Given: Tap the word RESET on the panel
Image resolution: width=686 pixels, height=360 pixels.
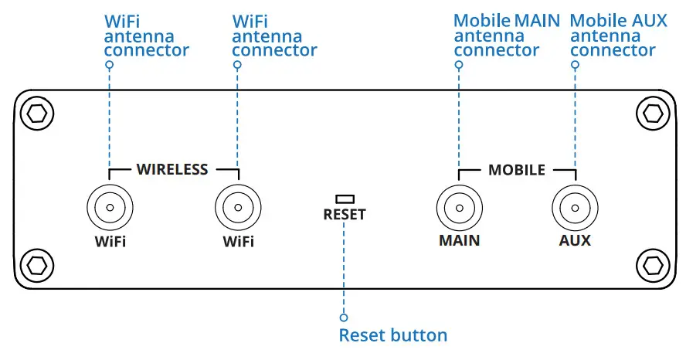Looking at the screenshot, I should tap(345, 215).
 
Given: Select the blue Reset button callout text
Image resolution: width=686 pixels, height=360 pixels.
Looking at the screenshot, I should tap(393, 335).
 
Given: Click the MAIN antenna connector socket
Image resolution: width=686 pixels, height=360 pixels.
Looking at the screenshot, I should tap(459, 208).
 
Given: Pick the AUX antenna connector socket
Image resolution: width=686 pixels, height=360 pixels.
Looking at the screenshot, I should tap(574, 208).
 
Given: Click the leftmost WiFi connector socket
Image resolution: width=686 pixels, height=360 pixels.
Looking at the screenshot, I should tap(110, 208).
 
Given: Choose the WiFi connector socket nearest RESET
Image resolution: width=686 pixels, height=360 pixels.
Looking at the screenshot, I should tap(237, 208).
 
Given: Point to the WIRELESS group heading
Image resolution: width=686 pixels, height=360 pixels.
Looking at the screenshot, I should tap(172, 169).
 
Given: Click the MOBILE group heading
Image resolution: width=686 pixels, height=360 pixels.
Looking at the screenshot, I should tap(516, 169).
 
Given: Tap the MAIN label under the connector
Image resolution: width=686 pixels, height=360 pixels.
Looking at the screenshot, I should tap(459, 240).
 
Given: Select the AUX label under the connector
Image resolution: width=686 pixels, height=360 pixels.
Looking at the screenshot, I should tap(574, 240).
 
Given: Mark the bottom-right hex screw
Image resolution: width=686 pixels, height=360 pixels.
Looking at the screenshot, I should tap(652, 265).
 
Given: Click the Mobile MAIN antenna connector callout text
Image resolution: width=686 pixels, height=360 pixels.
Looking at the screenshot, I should tap(506, 36).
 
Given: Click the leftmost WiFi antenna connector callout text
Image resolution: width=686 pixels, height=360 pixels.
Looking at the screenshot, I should tap(146, 36).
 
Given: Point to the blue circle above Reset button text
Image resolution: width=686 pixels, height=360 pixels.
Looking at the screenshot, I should tap(345, 318).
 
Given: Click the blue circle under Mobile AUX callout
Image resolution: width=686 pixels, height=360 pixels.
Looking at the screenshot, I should tap(574, 65).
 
